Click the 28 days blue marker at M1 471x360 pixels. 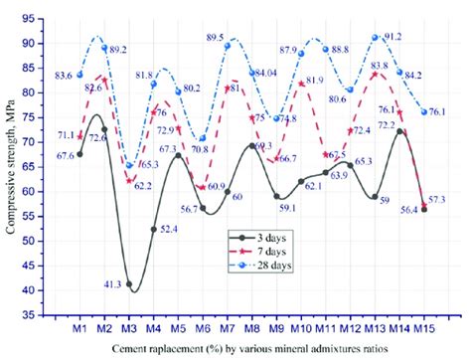[x=80, y=75]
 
